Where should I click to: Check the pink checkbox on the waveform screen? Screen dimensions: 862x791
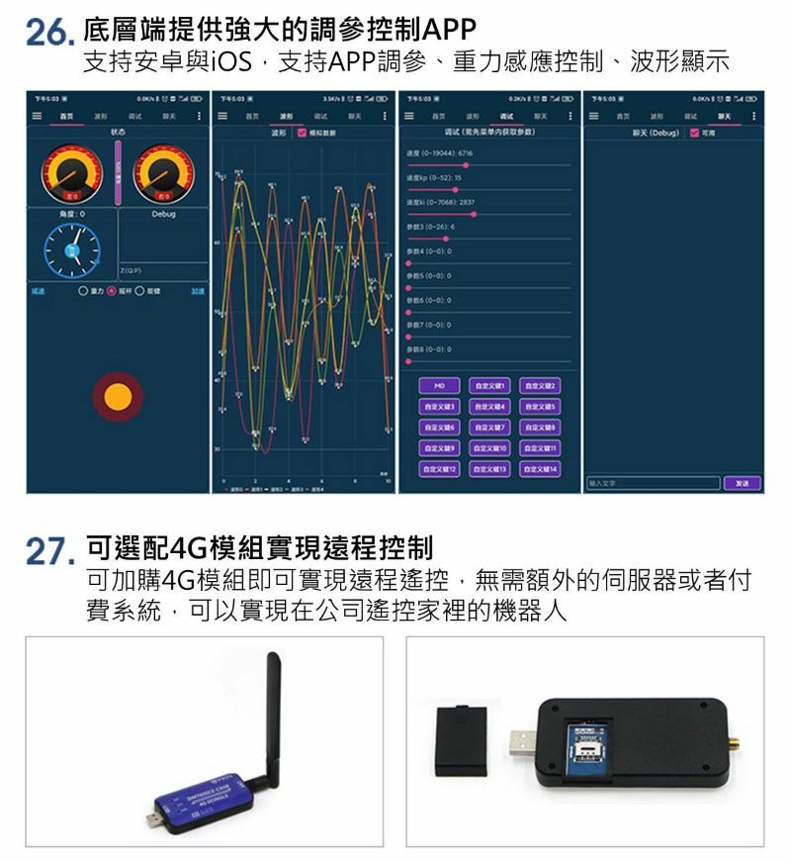point(301,132)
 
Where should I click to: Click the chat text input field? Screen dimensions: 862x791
point(652,483)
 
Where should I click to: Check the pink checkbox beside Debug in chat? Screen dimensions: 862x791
point(694,132)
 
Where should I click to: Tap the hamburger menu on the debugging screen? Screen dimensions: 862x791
point(410,115)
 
